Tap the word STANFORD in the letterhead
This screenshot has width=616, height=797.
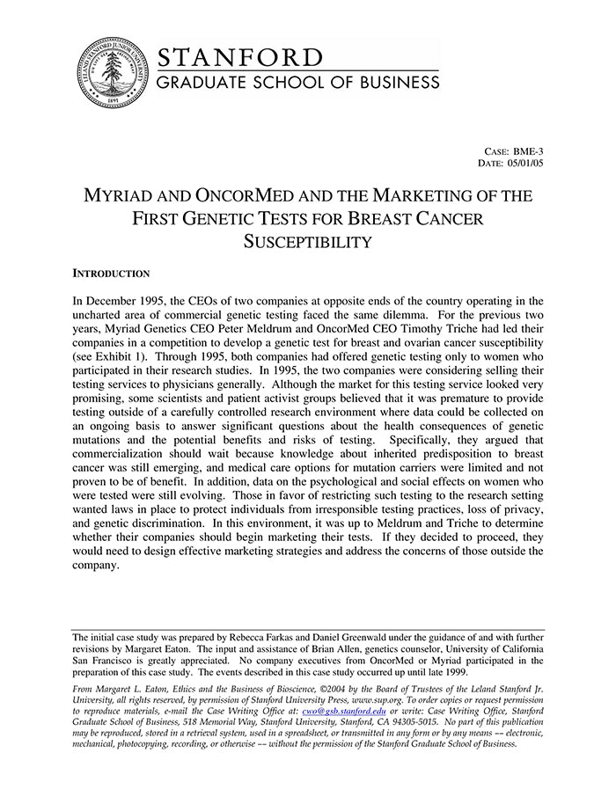[239, 57]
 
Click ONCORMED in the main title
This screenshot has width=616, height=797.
[261, 195]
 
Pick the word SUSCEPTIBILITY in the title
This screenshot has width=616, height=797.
[308, 241]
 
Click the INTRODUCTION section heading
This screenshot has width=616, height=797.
[111, 274]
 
